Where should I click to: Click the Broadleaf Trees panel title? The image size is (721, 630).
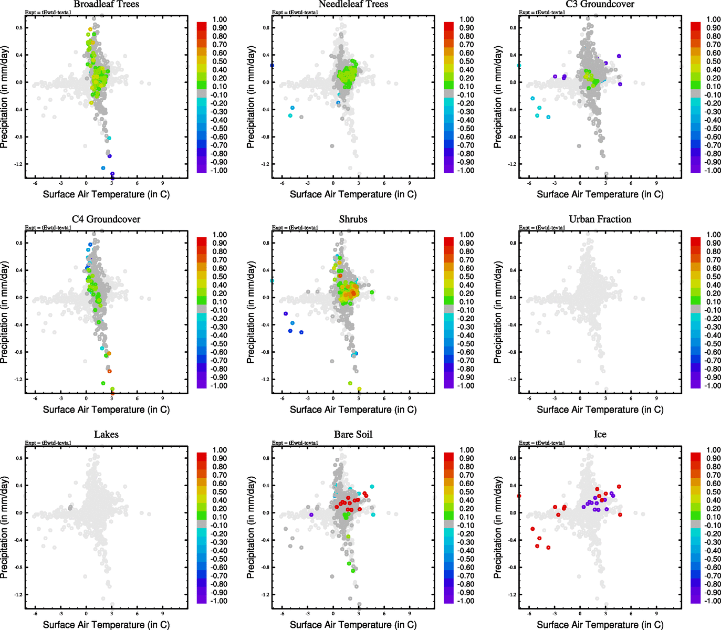tap(106, 4)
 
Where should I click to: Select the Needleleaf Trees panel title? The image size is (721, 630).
tap(353, 4)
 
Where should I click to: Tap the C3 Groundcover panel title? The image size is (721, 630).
tap(600, 4)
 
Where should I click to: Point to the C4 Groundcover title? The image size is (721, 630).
tap(106, 219)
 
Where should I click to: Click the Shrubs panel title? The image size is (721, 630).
tap(353, 219)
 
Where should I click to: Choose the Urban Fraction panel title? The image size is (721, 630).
tap(600, 219)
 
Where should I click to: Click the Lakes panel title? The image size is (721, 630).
tap(106, 435)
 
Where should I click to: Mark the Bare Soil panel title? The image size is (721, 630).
tap(353, 435)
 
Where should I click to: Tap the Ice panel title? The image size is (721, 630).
tap(600, 435)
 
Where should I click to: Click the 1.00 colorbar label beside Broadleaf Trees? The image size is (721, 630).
tap(220, 19)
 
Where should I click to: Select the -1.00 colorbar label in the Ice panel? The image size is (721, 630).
tap(713, 601)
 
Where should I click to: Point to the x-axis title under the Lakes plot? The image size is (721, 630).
tap(106, 625)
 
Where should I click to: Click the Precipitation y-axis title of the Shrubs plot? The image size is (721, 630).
tap(250, 313)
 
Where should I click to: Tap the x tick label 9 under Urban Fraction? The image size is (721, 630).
tap(656, 398)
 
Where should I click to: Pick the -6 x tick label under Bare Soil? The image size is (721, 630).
tap(282, 614)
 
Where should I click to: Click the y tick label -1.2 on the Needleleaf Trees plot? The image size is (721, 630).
tap(266, 164)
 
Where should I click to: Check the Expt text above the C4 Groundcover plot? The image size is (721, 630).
tap(48, 228)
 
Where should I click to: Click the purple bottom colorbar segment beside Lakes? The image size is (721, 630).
tap(202, 599)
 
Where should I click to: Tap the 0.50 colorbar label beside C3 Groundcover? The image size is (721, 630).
tap(713, 61)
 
